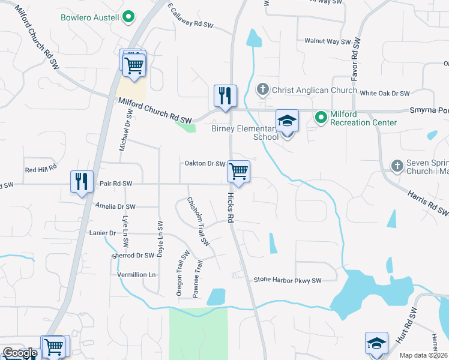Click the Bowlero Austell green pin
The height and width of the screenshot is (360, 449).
click(127, 17)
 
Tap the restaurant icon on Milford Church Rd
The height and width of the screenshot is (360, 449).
click(225, 96)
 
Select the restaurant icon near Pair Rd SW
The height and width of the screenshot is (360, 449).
click(82, 181)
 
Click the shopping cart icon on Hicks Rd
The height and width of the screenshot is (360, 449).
click(239, 172)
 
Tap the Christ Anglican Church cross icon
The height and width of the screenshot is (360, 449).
click(262, 91)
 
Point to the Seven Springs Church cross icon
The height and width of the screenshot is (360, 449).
click(396, 165)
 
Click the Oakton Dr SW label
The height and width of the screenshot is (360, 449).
click(205, 163)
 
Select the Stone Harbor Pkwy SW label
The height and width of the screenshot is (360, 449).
click(288, 280)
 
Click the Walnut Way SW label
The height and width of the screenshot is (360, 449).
click(327, 41)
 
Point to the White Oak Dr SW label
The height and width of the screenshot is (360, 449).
click(384, 93)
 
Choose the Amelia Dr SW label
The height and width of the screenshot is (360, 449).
click(115, 206)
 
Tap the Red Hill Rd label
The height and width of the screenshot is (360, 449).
click(41, 170)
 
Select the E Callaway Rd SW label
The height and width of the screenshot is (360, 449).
click(191, 16)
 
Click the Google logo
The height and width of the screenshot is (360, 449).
click(20, 353)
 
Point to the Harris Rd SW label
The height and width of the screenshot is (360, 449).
click(428, 203)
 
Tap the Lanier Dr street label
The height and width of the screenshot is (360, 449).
click(102, 233)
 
